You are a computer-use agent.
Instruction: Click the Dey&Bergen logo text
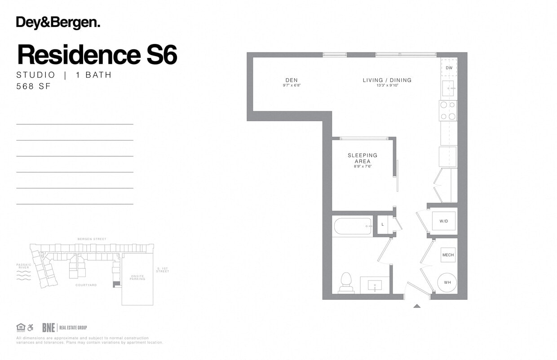58,23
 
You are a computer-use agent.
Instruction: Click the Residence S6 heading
97,55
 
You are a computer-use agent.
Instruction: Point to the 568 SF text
34,87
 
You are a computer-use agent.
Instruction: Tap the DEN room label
291,80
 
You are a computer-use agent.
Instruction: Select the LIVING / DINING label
387,80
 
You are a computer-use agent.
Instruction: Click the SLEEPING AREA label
362,158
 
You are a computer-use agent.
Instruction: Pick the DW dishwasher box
449,68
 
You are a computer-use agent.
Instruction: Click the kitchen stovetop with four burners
448,110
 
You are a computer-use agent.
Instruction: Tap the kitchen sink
448,88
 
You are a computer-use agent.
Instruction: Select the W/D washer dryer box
444,221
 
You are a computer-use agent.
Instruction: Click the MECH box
448,255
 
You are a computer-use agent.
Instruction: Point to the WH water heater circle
447,282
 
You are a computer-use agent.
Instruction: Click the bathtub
353,226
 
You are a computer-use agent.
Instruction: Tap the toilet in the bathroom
346,282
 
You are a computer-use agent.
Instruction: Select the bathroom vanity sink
375,285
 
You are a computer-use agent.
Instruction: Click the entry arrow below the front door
417,306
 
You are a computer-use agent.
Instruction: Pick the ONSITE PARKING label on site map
137,278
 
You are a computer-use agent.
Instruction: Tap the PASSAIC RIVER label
23,266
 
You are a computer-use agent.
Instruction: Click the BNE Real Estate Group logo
64,328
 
